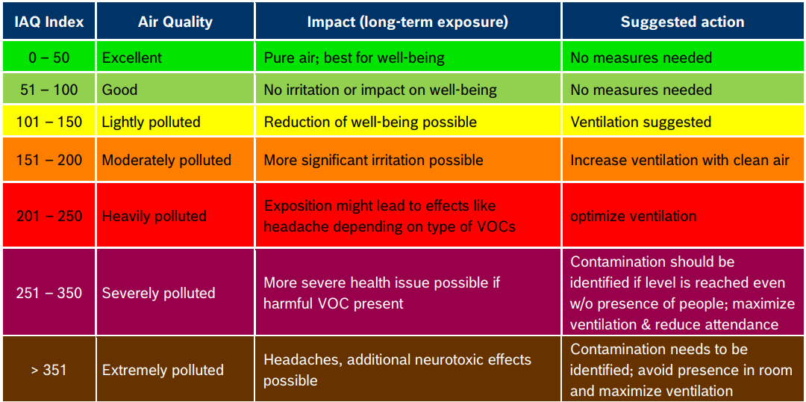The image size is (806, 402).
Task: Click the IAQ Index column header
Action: coord(49,21)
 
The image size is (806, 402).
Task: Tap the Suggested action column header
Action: coord(682,21)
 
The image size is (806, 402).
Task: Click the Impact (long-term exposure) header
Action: coord(407,21)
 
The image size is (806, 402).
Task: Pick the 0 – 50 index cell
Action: coord(49,58)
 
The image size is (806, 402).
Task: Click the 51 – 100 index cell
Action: coord(49,90)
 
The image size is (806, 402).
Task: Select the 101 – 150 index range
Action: coord(49,122)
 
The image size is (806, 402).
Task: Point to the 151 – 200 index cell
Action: coord(49,160)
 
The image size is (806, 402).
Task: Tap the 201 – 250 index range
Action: coord(49,216)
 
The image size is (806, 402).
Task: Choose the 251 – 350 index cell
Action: coord(49,294)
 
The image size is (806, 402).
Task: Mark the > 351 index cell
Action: coord(49,370)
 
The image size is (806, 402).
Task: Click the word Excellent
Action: coord(131,58)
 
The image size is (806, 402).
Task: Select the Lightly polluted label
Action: coord(151,122)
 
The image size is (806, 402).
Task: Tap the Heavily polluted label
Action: coord(154,216)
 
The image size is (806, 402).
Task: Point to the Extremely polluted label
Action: coord(163,370)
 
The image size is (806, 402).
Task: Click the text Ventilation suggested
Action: coord(641,122)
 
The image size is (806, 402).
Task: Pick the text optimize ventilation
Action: coord(634,216)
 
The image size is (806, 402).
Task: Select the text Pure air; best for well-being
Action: coord(354,58)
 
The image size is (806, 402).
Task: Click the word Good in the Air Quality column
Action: coord(119,90)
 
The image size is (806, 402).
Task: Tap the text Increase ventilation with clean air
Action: coord(680,160)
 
